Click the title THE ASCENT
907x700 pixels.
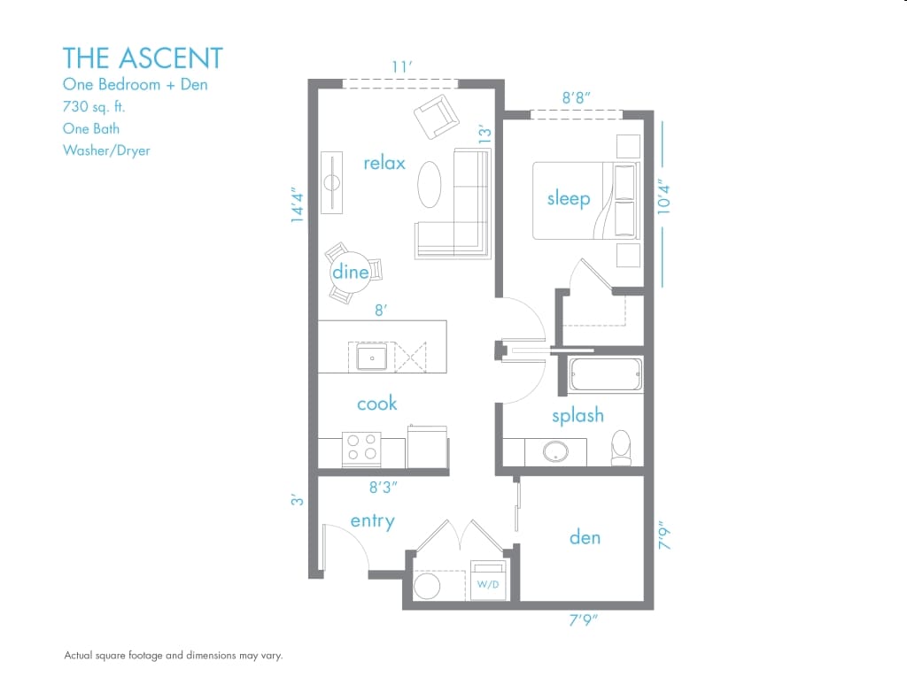[143, 58]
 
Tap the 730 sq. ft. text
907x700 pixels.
[94, 106]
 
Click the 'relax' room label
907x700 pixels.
[384, 163]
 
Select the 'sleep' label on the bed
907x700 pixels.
[569, 198]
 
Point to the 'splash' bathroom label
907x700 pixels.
[578, 415]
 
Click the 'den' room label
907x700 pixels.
[585, 537]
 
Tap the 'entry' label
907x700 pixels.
[373, 521]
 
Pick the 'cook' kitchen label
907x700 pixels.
[376, 403]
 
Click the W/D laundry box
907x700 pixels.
[488, 580]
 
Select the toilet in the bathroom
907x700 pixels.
[622, 448]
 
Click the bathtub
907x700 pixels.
[605, 374]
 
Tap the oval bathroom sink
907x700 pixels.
[555, 451]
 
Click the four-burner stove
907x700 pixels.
[361, 449]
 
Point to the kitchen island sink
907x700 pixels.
[372, 358]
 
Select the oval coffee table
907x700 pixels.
[430, 184]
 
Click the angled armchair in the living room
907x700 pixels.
[437, 117]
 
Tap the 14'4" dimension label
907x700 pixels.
[298, 204]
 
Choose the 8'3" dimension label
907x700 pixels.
[383, 488]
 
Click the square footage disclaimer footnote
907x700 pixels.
[174, 655]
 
